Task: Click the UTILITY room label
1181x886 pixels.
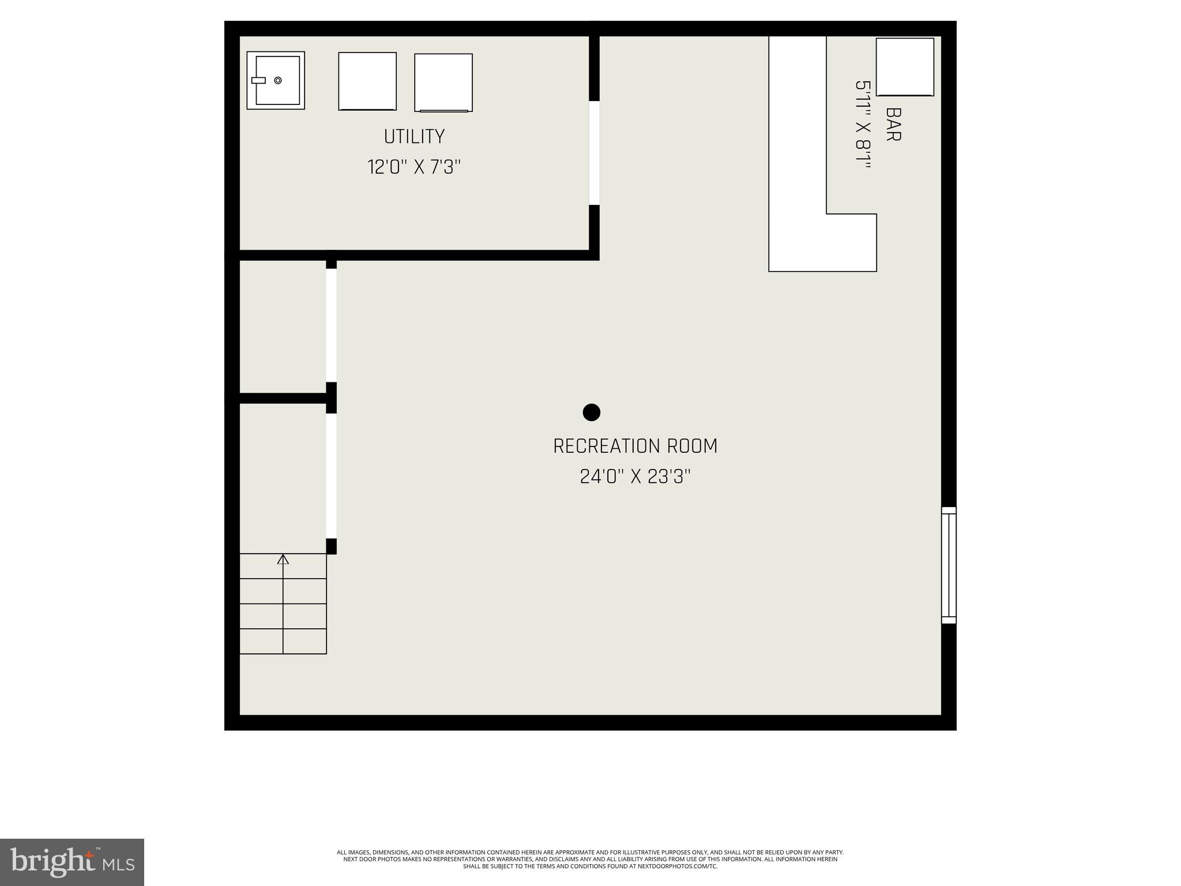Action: click(414, 137)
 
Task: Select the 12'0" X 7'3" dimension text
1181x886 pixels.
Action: click(414, 167)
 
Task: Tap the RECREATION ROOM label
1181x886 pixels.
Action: click(635, 446)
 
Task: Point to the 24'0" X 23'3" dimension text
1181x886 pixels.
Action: click(635, 477)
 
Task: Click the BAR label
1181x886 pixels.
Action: click(893, 124)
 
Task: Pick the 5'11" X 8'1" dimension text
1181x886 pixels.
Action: click(862, 124)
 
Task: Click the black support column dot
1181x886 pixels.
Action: click(592, 412)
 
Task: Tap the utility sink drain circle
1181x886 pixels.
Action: click(278, 80)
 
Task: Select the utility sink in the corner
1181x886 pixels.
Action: click(276, 80)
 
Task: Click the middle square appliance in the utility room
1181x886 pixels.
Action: click(367, 81)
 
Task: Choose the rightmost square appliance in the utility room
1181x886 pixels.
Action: click(443, 82)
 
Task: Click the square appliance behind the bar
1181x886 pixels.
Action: click(905, 67)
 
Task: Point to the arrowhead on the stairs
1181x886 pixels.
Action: click(283, 559)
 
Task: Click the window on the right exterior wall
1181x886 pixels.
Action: click(949, 565)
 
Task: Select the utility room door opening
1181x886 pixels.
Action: click(594, 153)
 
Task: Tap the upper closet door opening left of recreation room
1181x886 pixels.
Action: click(331, 325)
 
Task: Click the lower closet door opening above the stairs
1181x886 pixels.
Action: click(331, 476)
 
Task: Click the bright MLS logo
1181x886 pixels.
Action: click(72, 862)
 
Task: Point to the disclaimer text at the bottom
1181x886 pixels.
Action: click(590, 859)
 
